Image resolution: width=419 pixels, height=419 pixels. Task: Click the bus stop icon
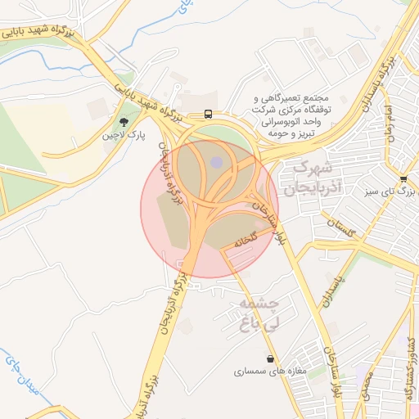tap(209, 114)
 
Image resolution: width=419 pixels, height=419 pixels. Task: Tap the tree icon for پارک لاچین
tap(124, 122)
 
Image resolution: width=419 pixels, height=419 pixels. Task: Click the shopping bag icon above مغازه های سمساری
tap(270, 358)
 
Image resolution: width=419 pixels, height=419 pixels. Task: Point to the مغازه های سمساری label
tap(269, 372)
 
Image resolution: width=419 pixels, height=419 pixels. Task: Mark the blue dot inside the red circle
tap(216, 163)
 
